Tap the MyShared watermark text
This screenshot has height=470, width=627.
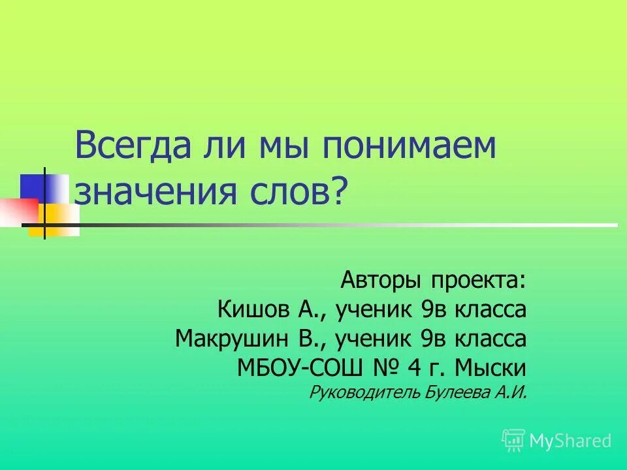pos(570,441)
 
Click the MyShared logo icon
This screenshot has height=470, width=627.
pos(513,441)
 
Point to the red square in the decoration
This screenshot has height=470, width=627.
pos(18,210)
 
